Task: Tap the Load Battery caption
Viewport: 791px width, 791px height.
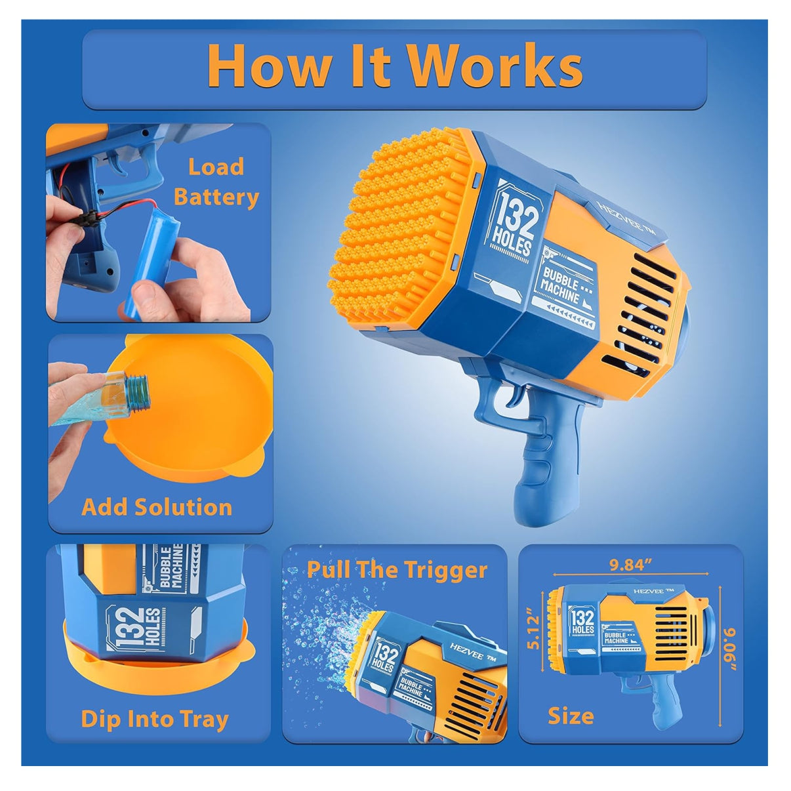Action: [216, 182]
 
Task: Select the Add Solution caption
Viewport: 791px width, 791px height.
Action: [157, 507]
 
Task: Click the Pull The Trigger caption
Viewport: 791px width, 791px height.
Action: [397, 570]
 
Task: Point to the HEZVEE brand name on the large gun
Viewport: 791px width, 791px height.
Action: [626, 218]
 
